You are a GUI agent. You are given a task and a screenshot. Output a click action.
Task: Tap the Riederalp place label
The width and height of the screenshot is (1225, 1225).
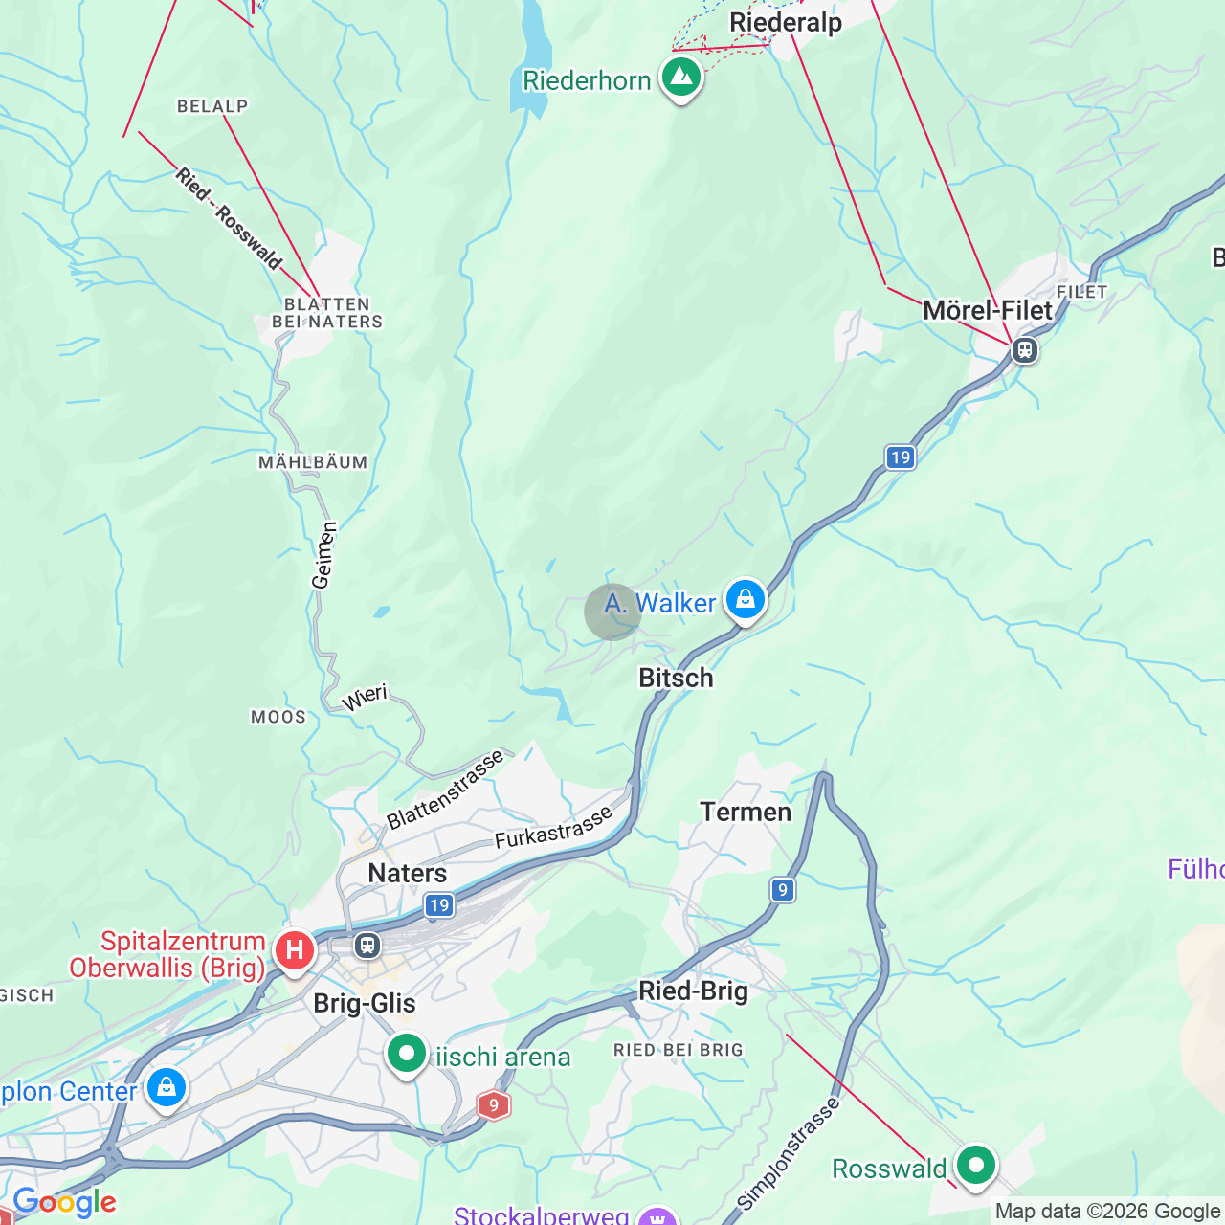(x=786, y=22)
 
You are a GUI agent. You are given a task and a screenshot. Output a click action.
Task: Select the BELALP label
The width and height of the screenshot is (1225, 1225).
(x=212, y=106)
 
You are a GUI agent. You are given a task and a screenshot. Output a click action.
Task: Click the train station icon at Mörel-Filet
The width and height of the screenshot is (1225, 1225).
(x=1025, y=350)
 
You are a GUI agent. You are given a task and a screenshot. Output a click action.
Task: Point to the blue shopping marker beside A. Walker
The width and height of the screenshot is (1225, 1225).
(x=746, y=601)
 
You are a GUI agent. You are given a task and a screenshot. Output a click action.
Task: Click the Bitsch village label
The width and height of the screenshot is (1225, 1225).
(x=676, y=678)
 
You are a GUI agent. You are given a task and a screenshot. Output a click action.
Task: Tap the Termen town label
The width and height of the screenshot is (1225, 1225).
(x=746, y=812)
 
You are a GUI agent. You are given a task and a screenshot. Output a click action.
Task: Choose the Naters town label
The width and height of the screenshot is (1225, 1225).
(x=408, y=873)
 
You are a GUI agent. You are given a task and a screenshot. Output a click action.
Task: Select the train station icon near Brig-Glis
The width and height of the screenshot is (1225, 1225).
(x=367, y=946)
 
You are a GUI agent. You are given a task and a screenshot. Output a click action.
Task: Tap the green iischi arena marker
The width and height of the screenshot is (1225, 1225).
(x=407, y=1054)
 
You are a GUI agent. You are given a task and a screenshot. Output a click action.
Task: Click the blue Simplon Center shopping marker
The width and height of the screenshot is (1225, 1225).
(x=167, y=1088)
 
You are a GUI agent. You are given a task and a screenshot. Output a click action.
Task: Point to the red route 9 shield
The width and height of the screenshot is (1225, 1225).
(x=493, y=1105)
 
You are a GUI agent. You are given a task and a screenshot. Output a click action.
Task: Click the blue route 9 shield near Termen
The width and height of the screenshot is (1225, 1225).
(x=783, y=890)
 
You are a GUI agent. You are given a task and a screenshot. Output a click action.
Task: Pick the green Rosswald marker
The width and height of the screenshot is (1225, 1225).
(x=976, y=1166)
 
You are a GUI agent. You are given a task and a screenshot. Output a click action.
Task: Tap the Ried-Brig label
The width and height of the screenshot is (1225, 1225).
(x=693, y=991)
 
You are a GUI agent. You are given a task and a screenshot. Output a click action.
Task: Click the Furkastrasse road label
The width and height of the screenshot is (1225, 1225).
(x=553, y=828)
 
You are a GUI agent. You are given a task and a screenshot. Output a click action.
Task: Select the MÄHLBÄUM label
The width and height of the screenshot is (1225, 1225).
(x=313, y=462)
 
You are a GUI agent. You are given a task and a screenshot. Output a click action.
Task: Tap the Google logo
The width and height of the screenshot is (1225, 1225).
(x=65, y=1202)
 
